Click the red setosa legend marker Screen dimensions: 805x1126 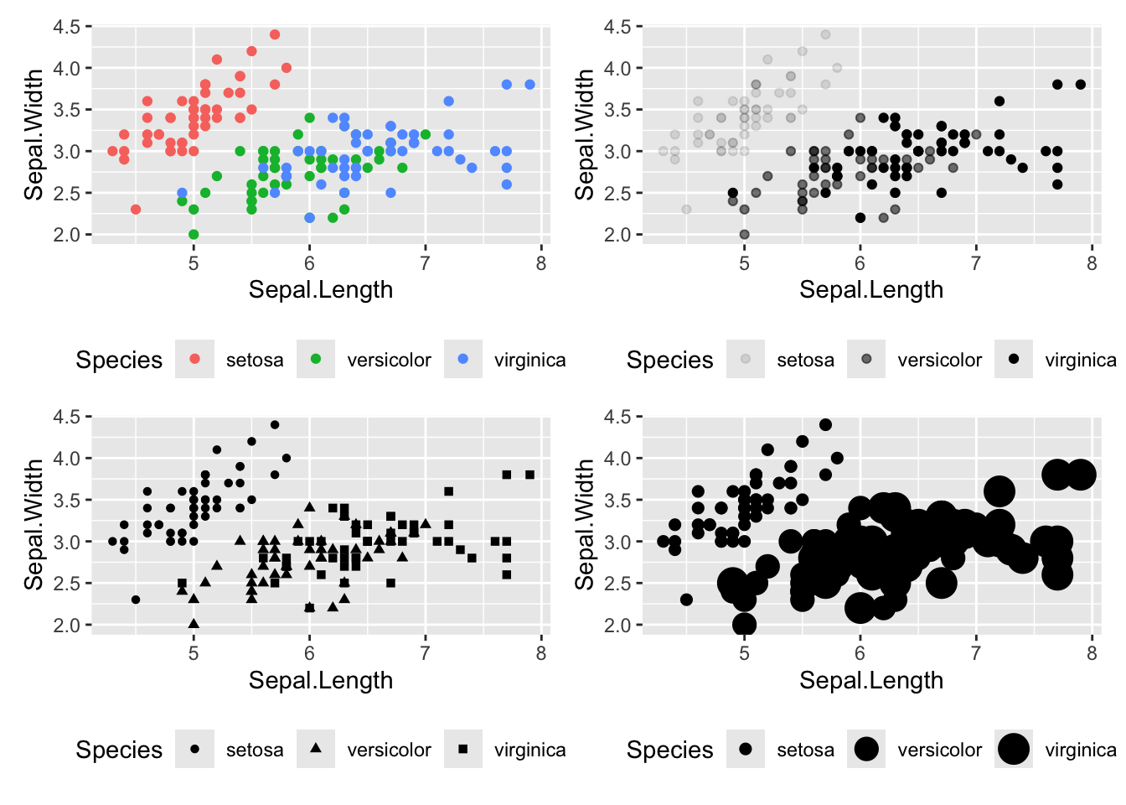(x=194, y=359)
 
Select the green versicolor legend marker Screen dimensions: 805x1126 (x=316, y=359)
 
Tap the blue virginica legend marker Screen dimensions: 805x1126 (x=463, y=359)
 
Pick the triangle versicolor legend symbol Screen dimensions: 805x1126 (x=316, y=748)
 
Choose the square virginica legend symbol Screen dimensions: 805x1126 (x=463, y=749)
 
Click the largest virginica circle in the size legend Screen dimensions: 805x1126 (x=1014, y=749)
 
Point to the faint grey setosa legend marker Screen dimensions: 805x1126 (x=746, y=359)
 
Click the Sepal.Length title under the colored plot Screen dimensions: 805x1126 (x=321, y=290)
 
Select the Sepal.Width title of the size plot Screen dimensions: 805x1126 (x=585, y=524)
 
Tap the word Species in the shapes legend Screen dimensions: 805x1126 (x=119, y=750)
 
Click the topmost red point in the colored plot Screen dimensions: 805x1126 (x=275, y=34)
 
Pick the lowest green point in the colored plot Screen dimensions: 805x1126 (x=194, y=235)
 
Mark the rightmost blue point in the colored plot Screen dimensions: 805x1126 (x=529, y=85)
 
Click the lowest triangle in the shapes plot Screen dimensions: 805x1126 (x=194, y=624)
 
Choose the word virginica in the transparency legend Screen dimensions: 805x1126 (x=1080, y=360)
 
